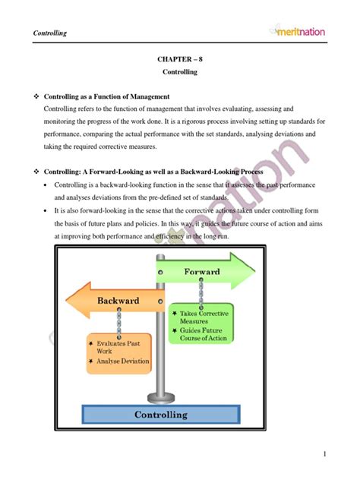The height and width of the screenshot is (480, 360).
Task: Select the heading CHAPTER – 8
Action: pyautogui.click(x=179, y=58)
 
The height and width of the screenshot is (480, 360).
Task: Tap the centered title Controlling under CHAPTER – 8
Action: pyautogui.click(x=180, y=72)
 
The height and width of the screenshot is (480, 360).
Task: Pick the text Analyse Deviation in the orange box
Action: pyautogui.click(x=122, y=361)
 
